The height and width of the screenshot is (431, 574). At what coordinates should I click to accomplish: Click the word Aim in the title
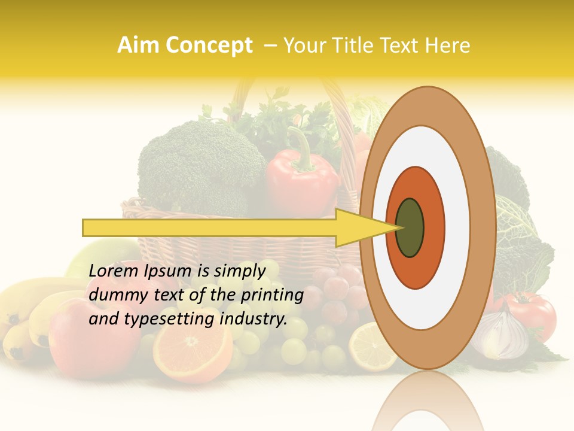click(139, 45)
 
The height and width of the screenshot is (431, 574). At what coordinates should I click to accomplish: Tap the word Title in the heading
click(356, 45)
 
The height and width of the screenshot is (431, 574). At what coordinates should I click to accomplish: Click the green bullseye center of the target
click(410, 227)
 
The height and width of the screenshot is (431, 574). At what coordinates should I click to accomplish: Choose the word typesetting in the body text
click(170, 319)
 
